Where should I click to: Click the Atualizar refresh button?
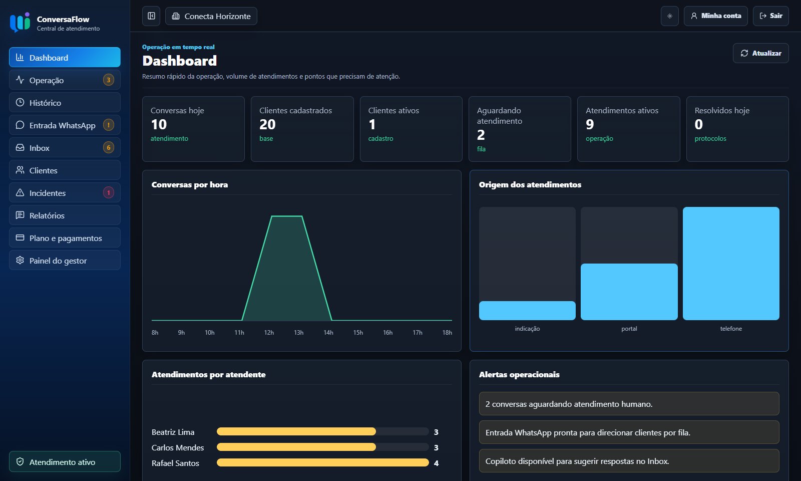760,53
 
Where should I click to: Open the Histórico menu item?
65,103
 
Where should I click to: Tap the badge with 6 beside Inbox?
108,147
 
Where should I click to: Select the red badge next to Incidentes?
108,192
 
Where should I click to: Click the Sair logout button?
770,16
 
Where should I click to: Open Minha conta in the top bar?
715,16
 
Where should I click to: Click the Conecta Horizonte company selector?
211,16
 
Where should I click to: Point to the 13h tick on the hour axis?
298,333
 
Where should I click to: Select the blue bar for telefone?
731,264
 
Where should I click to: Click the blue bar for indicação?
527,311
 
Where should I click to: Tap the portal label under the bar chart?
629,329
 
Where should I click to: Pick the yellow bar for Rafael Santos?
322,463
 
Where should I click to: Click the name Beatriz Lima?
173,432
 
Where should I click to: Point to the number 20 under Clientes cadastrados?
267,124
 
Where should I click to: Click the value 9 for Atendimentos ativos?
590,124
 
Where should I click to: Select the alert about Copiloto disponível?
629,461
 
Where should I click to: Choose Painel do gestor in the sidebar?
65,261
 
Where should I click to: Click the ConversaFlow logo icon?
20,22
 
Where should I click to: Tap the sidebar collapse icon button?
151,16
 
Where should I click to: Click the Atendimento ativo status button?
65,461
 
